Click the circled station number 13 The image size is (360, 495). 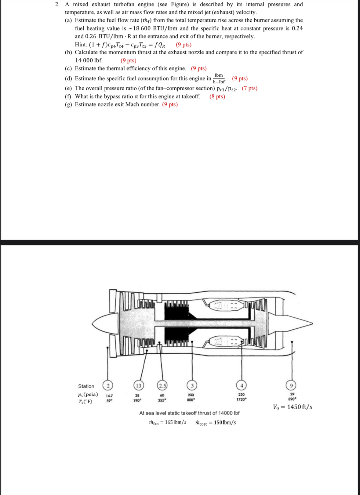point(139,385)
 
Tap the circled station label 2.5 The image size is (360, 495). point(162,385)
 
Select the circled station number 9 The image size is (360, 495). point(291,385)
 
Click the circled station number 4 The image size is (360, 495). point(241,385)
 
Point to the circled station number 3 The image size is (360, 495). point(192,385)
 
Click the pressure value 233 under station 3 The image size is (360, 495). point(191,395)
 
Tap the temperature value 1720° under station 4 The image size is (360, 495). point(241,399)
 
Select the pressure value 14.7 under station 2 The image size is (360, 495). point(109,396)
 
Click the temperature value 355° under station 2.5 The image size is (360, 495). point(162,400)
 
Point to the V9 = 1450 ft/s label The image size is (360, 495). point(293,407)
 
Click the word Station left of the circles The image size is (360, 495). point(86,386)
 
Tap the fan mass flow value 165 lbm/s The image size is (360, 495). point(175,422)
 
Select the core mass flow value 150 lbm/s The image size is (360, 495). point(225,422)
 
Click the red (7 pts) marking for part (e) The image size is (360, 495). point(249,88)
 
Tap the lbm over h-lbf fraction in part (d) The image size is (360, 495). point(219,78)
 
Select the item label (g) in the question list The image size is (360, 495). point(68,104)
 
